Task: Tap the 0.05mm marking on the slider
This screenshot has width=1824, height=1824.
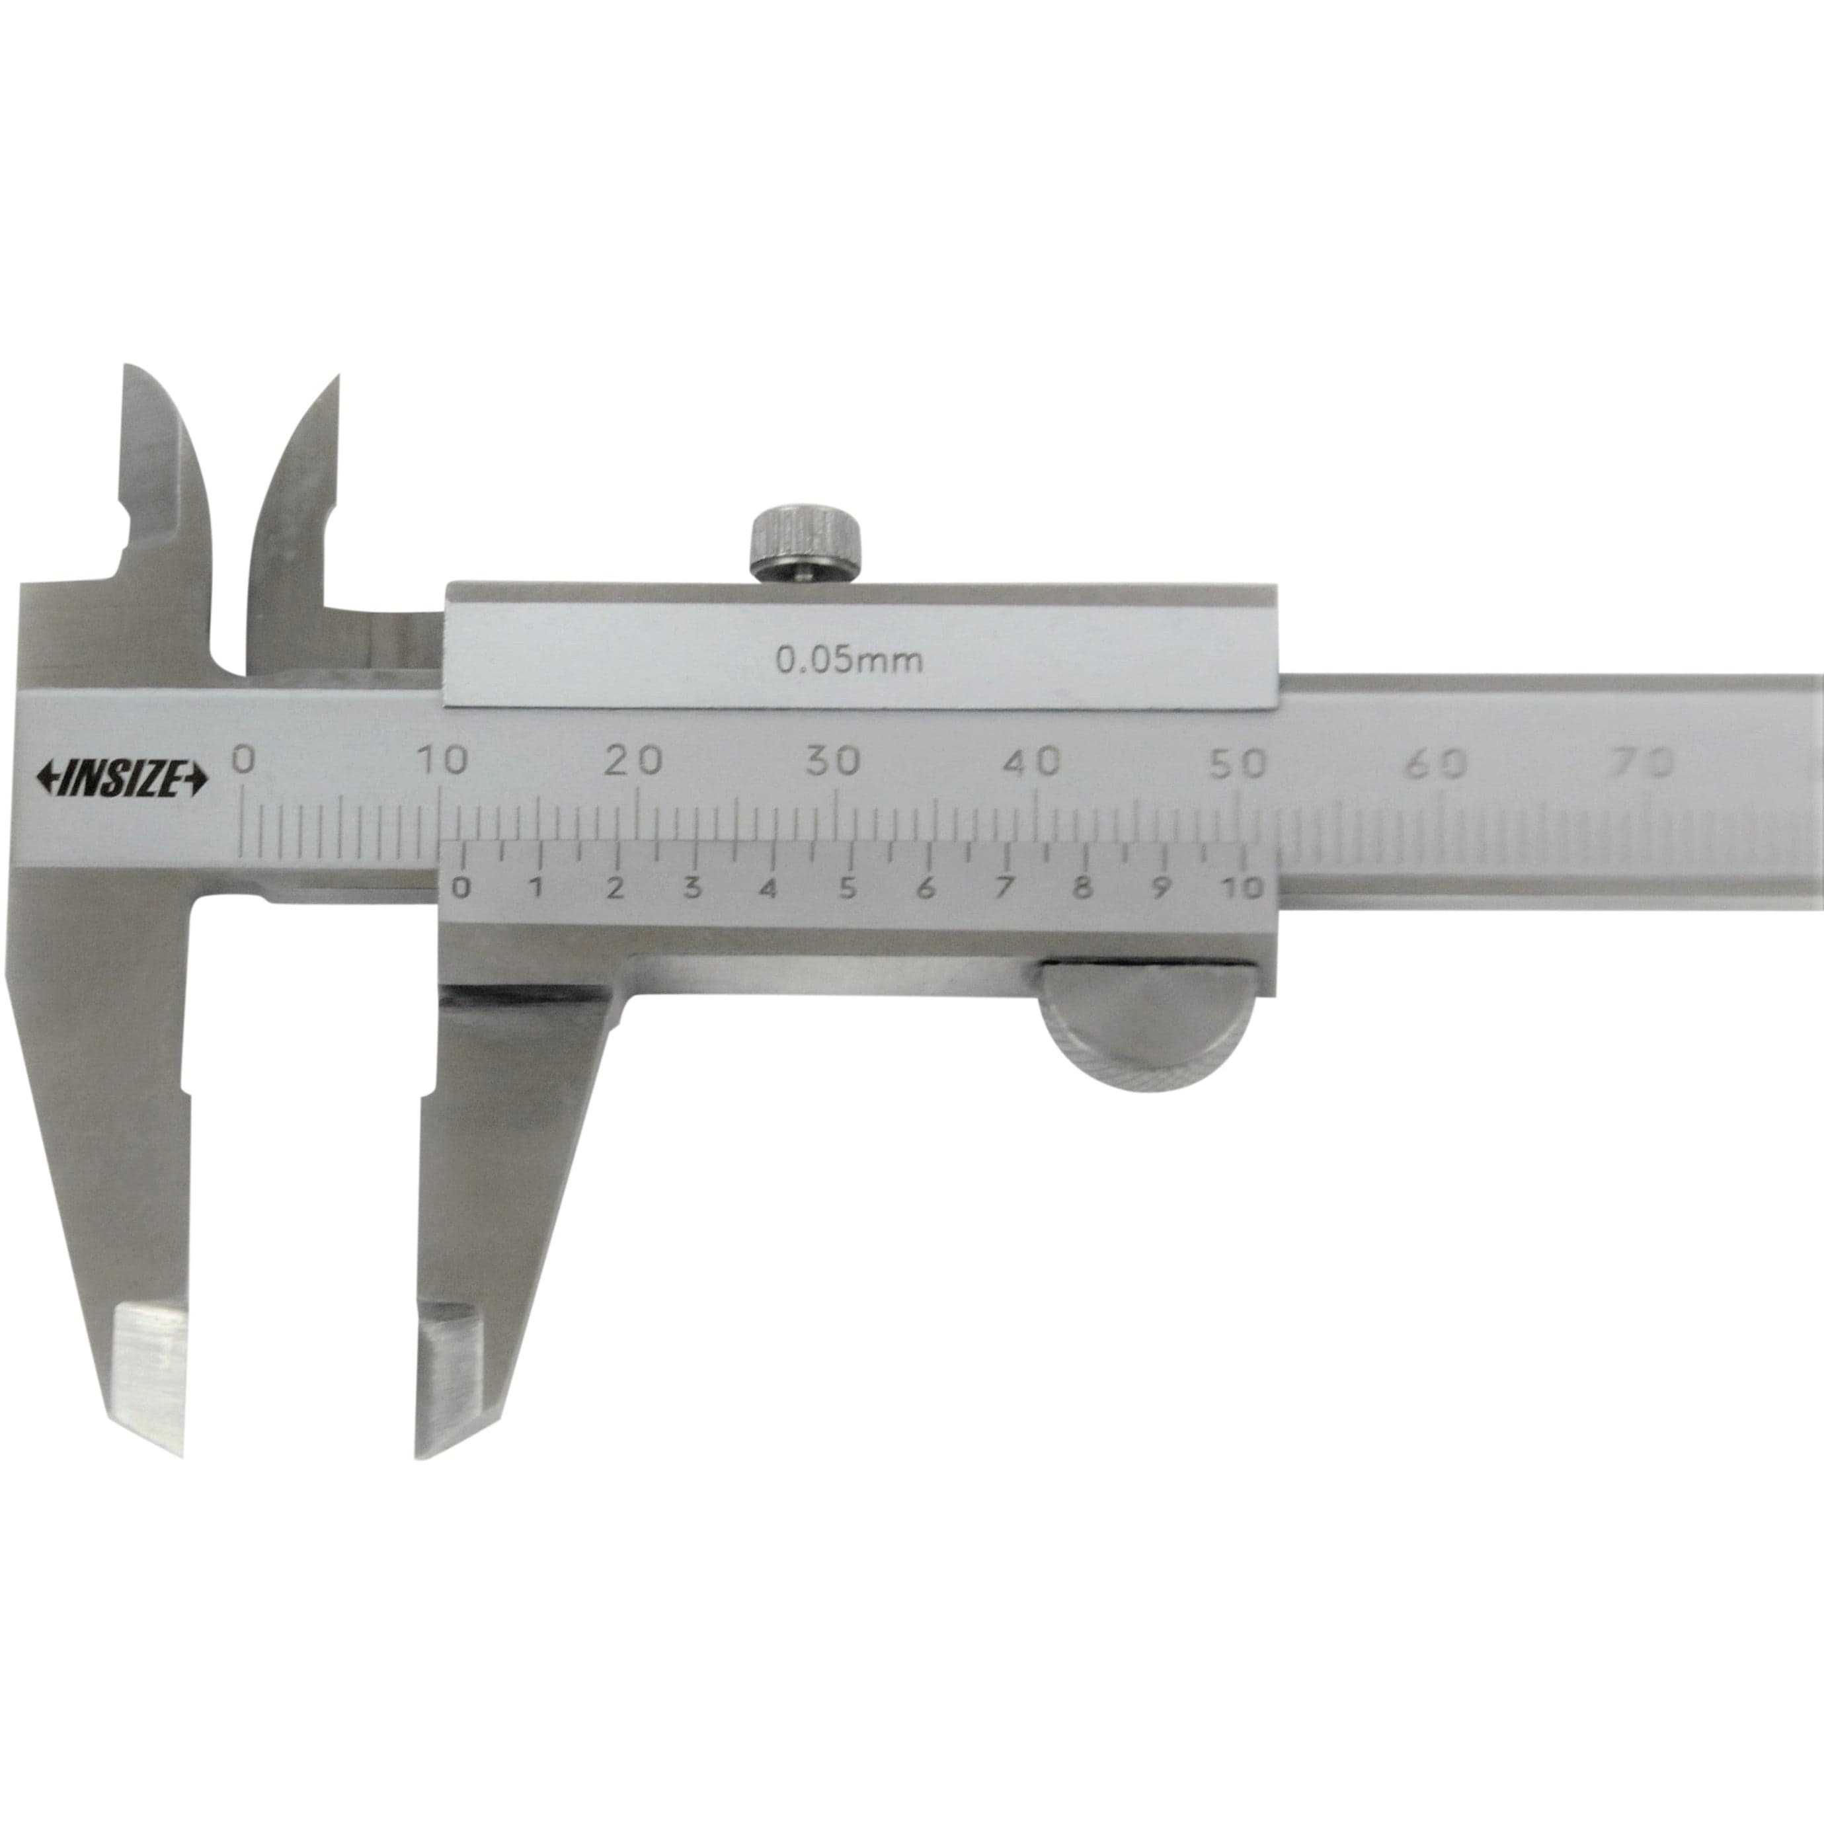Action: [x=849, y=660]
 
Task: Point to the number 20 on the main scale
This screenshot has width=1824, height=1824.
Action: [x=633, y=760]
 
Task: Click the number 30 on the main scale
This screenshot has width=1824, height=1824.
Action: [x=833, y=761]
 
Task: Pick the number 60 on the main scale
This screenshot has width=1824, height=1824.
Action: [x=1436, y=763]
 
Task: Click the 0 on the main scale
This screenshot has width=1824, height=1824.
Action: [x=243, y=760]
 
